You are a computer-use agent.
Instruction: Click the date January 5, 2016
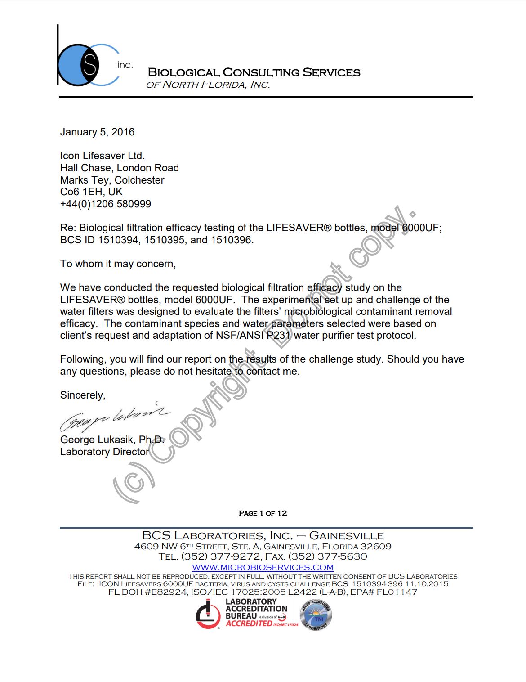click(97, 132)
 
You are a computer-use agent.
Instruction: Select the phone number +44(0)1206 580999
click(106, 204)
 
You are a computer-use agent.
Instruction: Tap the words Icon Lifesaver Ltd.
click(103, 156)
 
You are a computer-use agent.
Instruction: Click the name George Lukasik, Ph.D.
click(112, 440)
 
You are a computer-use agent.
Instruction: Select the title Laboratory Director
click(104, 452)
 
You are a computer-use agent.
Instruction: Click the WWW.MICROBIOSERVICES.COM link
click(263, 567)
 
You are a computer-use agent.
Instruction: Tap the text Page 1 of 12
click(263, 513)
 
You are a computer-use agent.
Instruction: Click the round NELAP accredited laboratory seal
click(316, 615)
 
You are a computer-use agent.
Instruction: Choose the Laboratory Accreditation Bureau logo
click(247, 614)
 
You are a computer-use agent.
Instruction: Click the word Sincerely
click(83, 395)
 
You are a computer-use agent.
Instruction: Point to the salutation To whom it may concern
click(118, 264)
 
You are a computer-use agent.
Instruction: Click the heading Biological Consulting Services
click(254, 72)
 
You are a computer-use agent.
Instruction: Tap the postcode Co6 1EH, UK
click(91, 192)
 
